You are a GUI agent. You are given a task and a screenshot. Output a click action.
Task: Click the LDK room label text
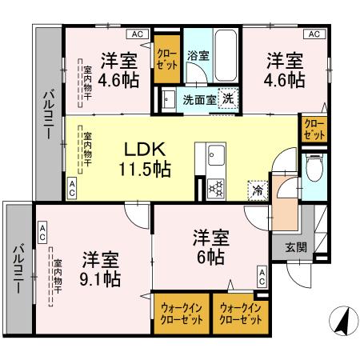[144, 149]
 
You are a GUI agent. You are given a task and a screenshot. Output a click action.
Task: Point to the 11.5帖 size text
[144, 169]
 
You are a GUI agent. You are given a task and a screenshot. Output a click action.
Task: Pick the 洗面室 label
[197, 101]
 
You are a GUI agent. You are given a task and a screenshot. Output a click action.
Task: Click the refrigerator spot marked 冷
[258, 191]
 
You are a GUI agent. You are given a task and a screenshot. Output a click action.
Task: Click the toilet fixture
[315, 170]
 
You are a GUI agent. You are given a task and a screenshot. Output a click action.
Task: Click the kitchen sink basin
[215, 154]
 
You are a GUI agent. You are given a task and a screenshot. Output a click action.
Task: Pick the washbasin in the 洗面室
[169, 100]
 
